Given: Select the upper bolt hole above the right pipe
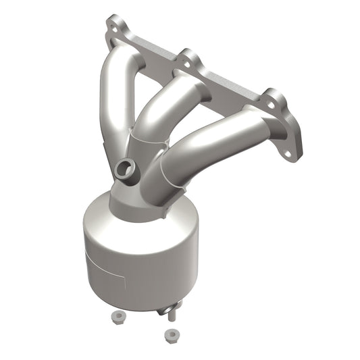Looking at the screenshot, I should [x=272, y=103].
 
